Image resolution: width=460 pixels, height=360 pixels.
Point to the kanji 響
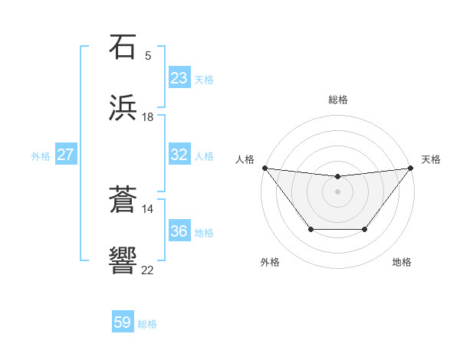coord(123,261)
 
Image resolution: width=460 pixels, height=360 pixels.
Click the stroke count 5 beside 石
coord(148,56)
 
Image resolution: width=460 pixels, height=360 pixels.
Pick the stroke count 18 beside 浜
coord(148,117)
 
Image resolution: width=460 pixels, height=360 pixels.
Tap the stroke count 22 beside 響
coord(148,270)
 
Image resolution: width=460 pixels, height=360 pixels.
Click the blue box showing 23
coord(179,78)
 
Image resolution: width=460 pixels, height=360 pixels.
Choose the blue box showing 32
coord(179,155)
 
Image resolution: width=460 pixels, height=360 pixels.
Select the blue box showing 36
coord(179,231)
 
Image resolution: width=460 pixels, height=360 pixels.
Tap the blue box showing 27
coord(65,155)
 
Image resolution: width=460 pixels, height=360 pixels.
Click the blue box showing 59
coord(123,322)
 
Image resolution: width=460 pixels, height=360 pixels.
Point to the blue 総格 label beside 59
coord(147,324)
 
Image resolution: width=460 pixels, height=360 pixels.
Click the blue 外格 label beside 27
coord(41,156)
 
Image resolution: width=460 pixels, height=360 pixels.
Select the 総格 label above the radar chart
coord(337,100)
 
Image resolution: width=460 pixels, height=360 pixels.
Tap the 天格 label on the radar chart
coord(432,159)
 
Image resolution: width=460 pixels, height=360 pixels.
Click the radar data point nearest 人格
coord(264,168)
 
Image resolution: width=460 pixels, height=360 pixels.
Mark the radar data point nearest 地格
coord(365,229)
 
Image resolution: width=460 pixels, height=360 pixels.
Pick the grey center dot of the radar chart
coord(337,191)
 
